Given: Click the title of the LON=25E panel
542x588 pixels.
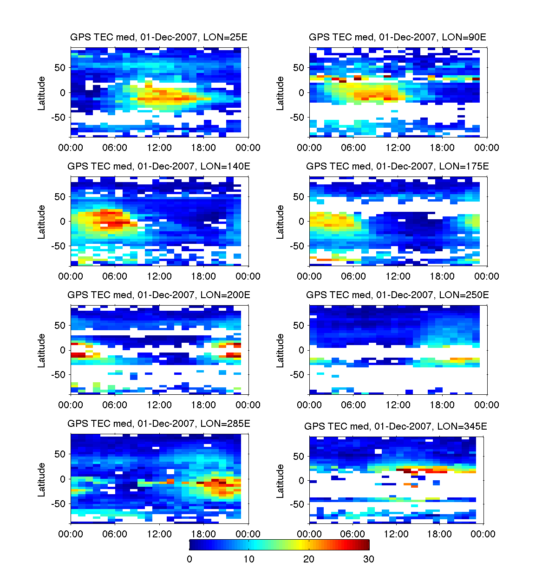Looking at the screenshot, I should click(x=159, y=37).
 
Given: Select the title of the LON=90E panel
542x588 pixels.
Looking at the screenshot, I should click(x=398, y=37).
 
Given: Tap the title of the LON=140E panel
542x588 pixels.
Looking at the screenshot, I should click(x=159, y=166).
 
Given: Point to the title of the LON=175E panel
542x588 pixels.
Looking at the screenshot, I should click(x=398, y=166).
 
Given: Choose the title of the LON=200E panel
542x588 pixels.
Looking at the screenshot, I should click(x=159, y=295).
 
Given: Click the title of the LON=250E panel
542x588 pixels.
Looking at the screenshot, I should click(x=398, y=295).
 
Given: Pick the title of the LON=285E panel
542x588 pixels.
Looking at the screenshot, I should click(x=159, y=424).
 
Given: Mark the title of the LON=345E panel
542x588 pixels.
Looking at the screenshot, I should click(x=396, y=426).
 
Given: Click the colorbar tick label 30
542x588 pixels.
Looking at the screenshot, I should click(x=368, y=559).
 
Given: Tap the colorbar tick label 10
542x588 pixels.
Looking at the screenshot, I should click(x=249, y=559).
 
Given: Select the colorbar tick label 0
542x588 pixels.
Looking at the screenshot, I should click(x=189, y=559).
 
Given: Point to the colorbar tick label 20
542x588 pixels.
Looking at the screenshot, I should click(x=309, y=559).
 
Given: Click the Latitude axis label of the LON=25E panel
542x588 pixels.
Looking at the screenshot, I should click(x=42, y=93).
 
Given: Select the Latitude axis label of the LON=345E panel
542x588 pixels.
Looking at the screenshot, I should click(x=281, y=481).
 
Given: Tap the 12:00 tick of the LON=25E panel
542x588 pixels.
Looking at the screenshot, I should click(x=159, y=148).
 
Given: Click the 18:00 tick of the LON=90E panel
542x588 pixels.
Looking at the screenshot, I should click(x=442, y=148).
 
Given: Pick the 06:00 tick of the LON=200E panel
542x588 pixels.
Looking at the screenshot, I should click(x=115, y=405).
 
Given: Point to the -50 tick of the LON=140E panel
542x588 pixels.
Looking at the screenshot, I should click(x=59, y=246).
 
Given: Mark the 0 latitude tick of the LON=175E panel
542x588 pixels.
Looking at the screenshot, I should click(x=302, y=222).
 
